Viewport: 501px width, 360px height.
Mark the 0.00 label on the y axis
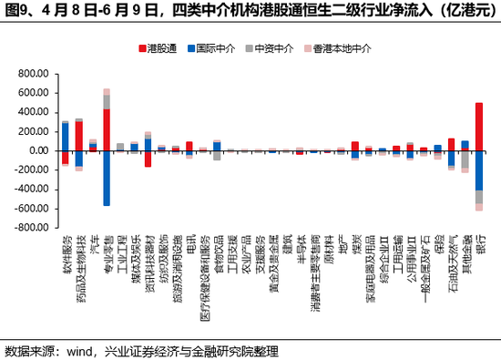point(36,150)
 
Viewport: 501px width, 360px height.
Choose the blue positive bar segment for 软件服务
point(65,137)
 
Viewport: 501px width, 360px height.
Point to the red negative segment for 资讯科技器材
point(148,159)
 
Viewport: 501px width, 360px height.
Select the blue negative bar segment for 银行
point(479,170)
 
